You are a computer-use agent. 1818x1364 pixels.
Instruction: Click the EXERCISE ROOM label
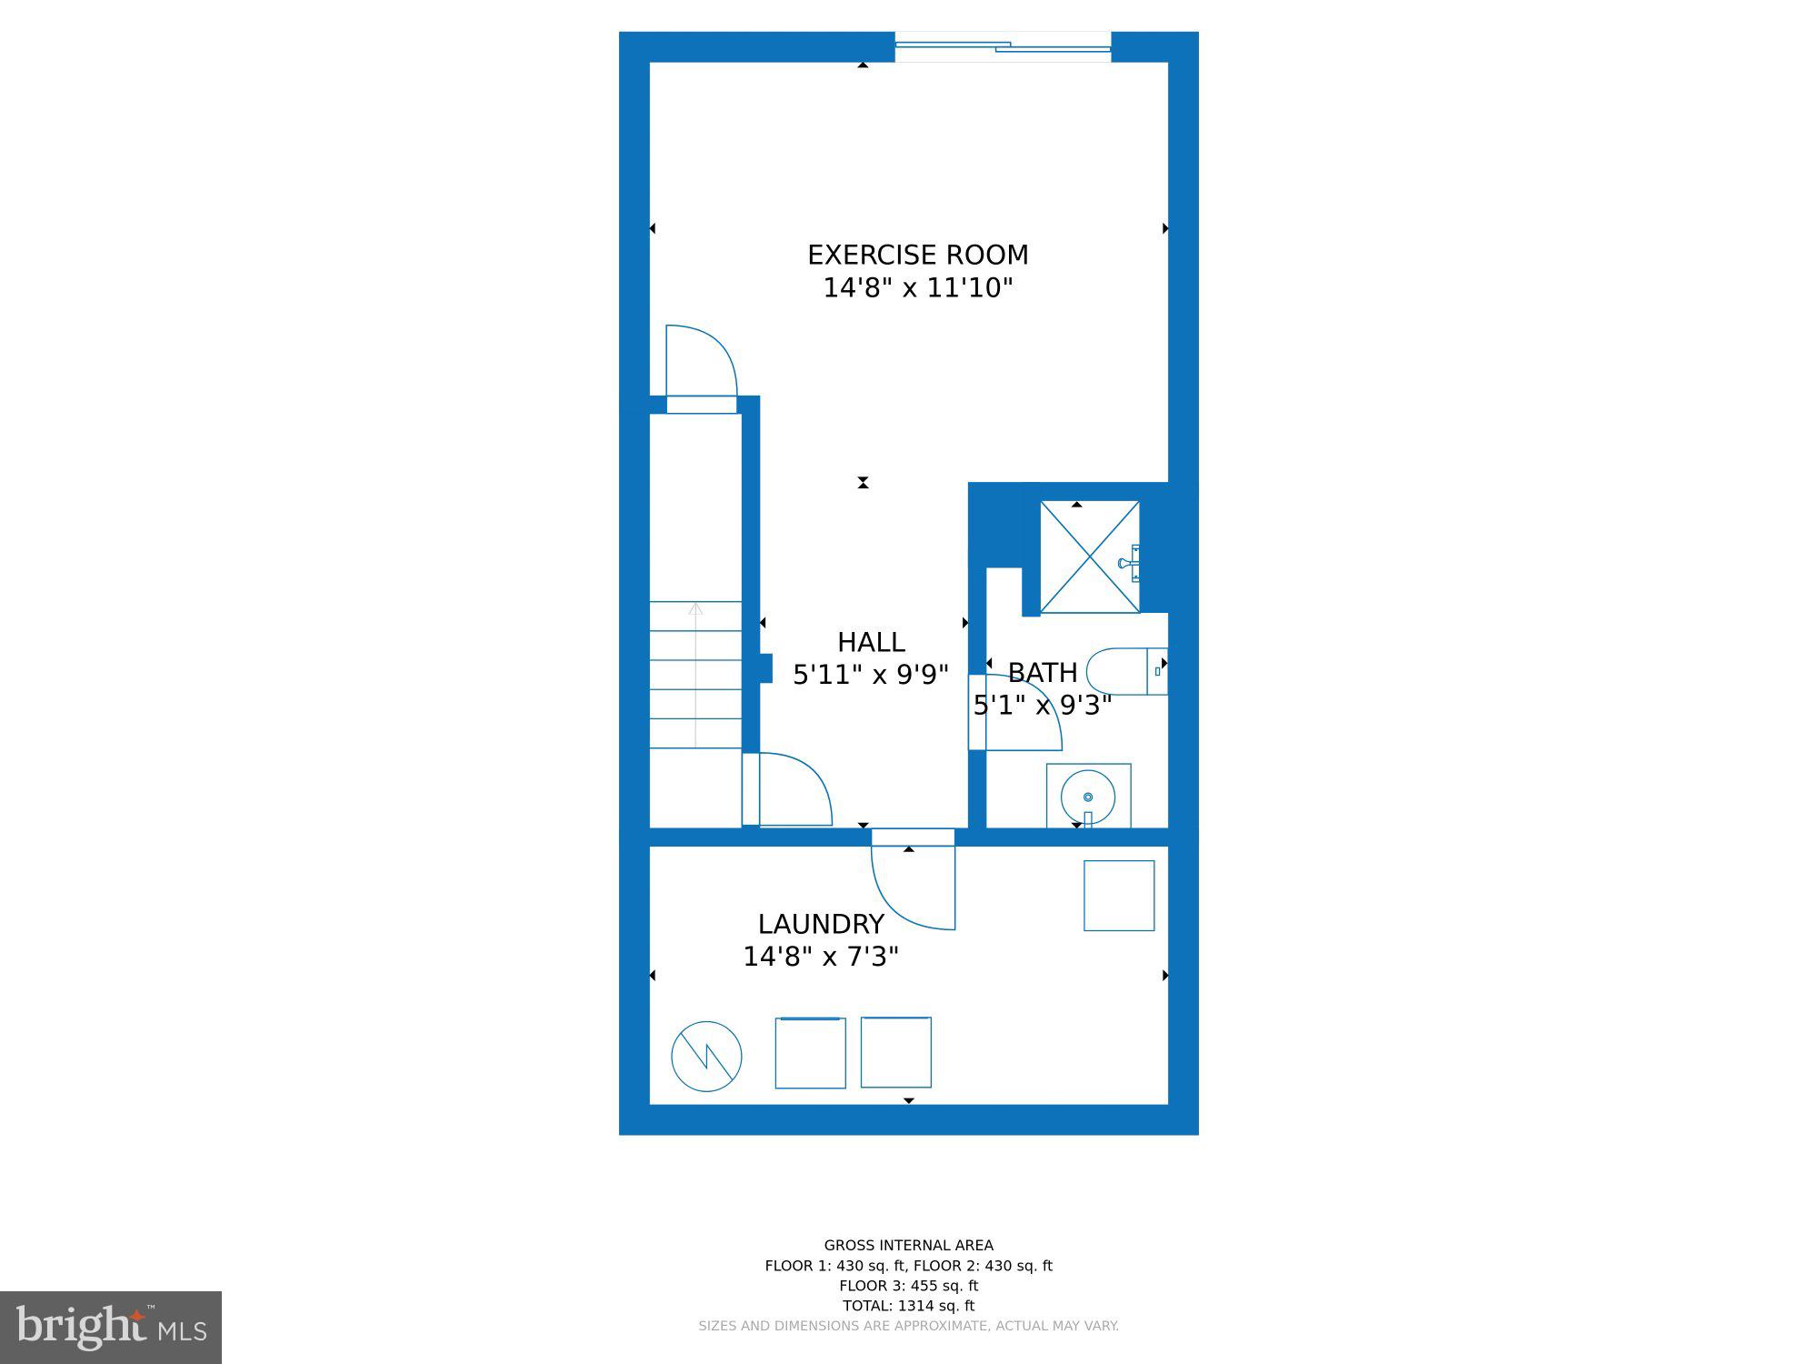tap(917, 255)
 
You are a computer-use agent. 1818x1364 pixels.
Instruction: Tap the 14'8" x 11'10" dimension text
tap(917, 288)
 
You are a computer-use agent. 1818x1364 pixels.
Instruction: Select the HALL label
tap(870, 642)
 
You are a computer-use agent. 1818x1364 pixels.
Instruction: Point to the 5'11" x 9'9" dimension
tap(870, 675)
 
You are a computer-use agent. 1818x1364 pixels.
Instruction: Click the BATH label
tap(1042, 672)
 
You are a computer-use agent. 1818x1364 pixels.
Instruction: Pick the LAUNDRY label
tap(820, 924)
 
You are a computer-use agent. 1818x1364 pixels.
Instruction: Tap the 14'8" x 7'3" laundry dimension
tap(820, 957)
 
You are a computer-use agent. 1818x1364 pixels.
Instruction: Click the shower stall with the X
tap(1089, 557)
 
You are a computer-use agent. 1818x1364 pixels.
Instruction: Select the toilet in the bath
tap(1125, 671)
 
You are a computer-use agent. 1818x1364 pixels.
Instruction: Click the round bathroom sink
tap(1088, 797)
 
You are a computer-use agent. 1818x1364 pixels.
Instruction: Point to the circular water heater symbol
tap(706, 1057)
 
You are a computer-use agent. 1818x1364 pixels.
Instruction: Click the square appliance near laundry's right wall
tap(1118, 896)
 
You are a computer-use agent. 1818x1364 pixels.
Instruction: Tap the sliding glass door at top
tap(1003, 45)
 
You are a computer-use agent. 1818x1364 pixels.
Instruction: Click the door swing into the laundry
tap(912, 887)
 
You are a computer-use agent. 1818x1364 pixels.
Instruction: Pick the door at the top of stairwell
tap(701, 364)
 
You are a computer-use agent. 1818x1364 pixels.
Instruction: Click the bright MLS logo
tap(110, 1328)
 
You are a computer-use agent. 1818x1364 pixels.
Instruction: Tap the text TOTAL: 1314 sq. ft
tap(908, 1306)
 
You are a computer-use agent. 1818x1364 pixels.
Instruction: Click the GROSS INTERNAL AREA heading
tap(908, 1246)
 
